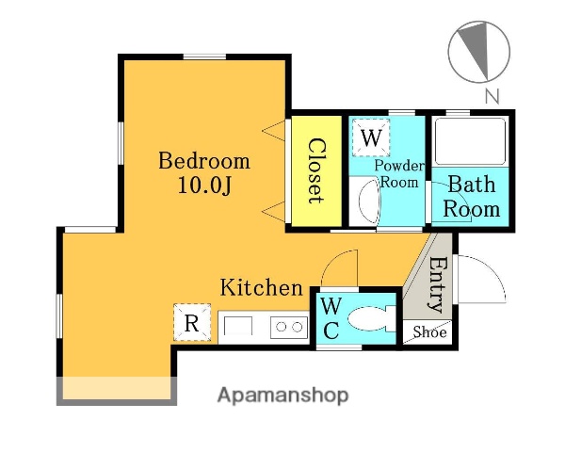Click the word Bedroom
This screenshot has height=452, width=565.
(x=204, y=161)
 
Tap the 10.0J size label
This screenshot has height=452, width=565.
(x=204, y=186)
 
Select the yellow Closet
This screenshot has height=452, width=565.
(x=316, y=171)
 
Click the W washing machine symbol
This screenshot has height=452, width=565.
(x=371, y=137)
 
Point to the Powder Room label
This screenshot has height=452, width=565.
(x=399, y=173)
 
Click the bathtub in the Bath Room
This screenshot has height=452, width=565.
(x=470, y=141)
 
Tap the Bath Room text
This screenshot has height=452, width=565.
(x=472, y=197)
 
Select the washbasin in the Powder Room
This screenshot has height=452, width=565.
(x=369, y=202)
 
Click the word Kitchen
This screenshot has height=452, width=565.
(x=261, y=287)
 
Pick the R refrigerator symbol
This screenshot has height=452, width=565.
(x=192, y=322)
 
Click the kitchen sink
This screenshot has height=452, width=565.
(x=237, y=326)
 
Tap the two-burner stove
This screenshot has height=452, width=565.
(x=289, y=328)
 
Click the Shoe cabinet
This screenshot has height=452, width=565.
(x=427, y=332)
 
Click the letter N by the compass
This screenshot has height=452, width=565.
(x=492, y=96)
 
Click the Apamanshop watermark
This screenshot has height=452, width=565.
(x=282, y=395)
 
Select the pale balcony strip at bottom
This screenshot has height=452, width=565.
(x=117, y=388)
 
